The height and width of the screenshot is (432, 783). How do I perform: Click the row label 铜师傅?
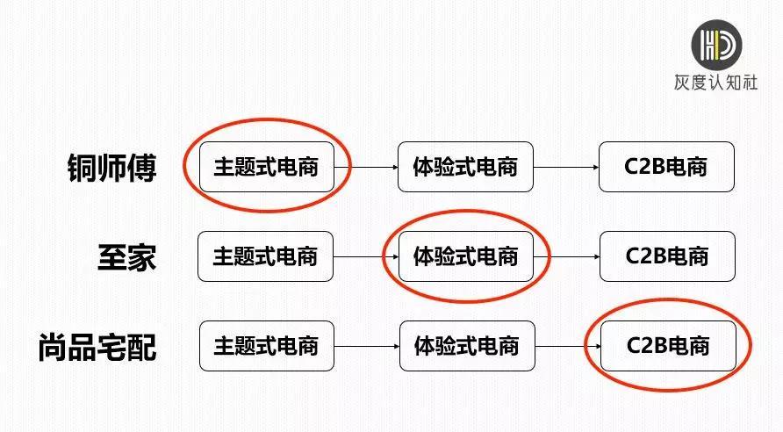pyautogui.click(x=111, y=167)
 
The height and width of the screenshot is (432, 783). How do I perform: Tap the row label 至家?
pyautogui.click(x=126, y=256)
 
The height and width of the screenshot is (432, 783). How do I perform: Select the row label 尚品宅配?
pyautogui.click(x=97, y=347)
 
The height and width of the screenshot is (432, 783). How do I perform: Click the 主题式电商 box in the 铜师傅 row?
pyautogui.click(x=266, y=167)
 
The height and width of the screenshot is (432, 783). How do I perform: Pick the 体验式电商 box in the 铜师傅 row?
pyautogui.click(x=465, y=167)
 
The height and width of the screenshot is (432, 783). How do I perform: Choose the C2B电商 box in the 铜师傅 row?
pyautogui.click(x=666, y=167)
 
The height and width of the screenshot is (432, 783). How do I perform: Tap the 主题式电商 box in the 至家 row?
pyautogui.click(x=266, y=256)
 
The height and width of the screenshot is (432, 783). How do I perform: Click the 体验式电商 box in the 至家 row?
pyautogui.click(x=465, y=256)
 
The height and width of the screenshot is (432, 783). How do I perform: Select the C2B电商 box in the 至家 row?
pyautogui.click(x=667, y=256)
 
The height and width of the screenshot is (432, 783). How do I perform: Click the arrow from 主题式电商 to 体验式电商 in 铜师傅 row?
pyautogui.click(x=366, y=167)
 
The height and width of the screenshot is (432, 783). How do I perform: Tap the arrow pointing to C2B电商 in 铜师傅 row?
pyautogui.click(x=566, y=167)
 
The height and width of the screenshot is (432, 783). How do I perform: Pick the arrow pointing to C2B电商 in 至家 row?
pyautogui.click(x=567, y=256)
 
